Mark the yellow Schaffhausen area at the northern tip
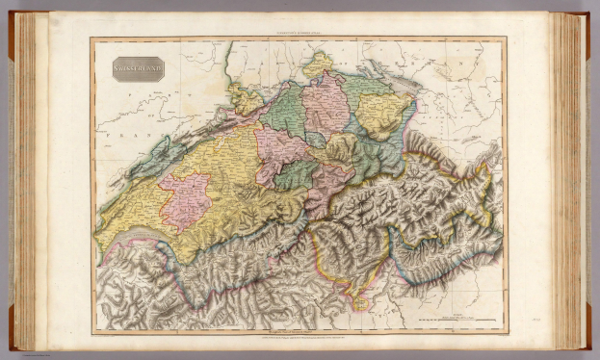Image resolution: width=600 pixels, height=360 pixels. click(x=317, y=64)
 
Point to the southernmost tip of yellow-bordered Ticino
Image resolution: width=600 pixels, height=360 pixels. click(x=361, y=306)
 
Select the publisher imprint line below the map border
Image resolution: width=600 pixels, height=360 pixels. click(x=299, y=338)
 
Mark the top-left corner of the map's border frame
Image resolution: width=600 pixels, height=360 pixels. click(x=92, y=39)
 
